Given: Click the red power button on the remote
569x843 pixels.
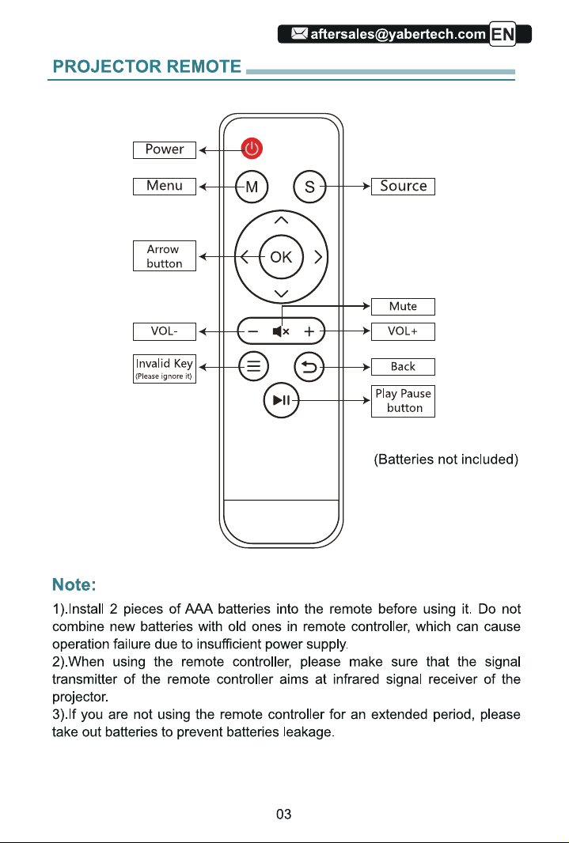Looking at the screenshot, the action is pos(252,148).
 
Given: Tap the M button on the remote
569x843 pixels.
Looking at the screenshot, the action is pos(252,187).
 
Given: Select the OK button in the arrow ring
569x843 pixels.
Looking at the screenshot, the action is pos(281,257).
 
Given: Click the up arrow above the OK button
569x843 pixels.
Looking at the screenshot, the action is pos(281,220).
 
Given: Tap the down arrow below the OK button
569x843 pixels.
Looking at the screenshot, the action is pos(281,293).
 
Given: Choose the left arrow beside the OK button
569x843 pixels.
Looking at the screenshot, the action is pos(245,257).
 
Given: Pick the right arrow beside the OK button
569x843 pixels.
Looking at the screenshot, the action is pos(318,257).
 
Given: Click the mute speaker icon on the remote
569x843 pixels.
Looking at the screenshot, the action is pos(281,331).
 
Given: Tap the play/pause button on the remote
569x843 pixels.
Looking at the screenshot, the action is pos(281,400).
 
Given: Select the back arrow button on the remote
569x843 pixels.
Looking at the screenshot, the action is pos(309,367).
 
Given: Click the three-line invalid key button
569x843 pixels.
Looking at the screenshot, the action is pos(253,367).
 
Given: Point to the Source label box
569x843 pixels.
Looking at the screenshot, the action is pos(404,186).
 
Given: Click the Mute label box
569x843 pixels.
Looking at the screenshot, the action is pos(404,307).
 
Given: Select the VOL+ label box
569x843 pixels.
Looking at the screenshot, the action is pos(404,331).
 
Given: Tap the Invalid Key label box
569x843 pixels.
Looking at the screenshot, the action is pos(165,369).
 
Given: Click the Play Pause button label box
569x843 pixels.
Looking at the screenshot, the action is pos(404,401).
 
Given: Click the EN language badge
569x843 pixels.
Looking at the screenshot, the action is pos(503,35).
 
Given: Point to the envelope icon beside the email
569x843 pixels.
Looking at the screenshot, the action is pos(299,34).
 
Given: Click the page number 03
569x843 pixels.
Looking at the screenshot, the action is pos(283,814).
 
